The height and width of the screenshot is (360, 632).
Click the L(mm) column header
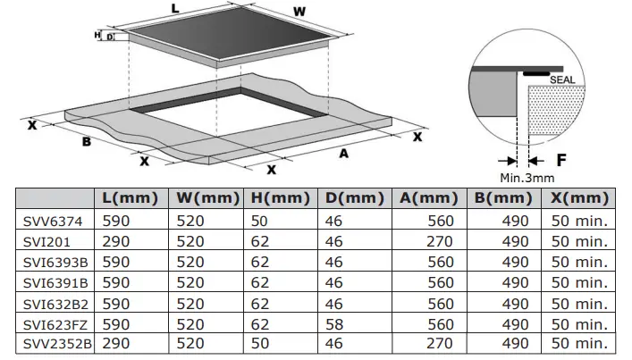tap(131, 197)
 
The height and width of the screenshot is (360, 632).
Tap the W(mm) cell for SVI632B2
tap(190, 302)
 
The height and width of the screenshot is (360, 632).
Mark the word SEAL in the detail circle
tap(562, 80)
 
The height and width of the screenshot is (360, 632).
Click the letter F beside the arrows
tap(560, 161)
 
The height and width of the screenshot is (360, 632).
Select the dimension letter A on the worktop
tap(342, 153)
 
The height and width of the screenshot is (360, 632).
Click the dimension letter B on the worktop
tap(87, 141)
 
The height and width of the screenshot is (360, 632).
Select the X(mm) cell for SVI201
tap(579, 241)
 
